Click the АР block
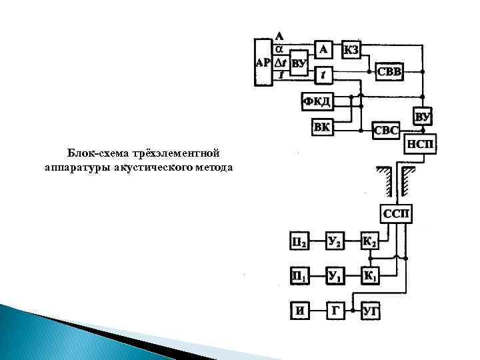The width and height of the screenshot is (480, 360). click(x=263, y=62)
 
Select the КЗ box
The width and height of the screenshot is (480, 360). click(x=352, y=49)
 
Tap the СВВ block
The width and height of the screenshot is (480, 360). click(x=389, y=71)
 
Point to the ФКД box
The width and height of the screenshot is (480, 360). click(x=317, y=101)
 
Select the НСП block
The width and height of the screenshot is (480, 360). click(x=421, y=144)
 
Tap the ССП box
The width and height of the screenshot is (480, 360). click(x=397, y=214)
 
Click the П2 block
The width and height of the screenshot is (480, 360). click(x=299, y=241)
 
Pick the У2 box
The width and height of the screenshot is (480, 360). click(x=335, y=241)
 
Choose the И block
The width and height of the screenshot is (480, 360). click(x=299, y=309)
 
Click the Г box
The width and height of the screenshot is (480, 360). click(x=335, y=309)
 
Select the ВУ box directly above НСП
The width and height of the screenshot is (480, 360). click(x=423, y=117)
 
